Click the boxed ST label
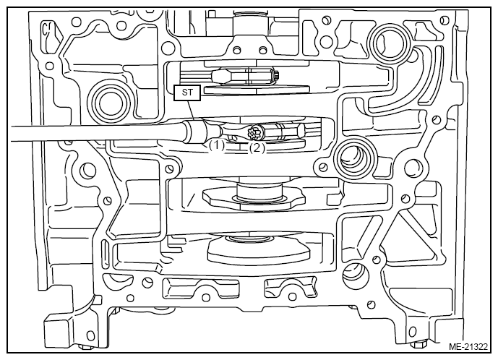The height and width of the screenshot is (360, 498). [x=187, y=93]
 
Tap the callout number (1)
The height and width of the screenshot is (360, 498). [x=216, y=146]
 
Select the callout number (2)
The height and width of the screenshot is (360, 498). [x=257, y=147]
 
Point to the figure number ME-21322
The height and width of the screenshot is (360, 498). [x=468, y=347]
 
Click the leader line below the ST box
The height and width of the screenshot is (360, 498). [x=190, y=111]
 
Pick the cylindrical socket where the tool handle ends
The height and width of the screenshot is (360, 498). [x=196, y=131]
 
